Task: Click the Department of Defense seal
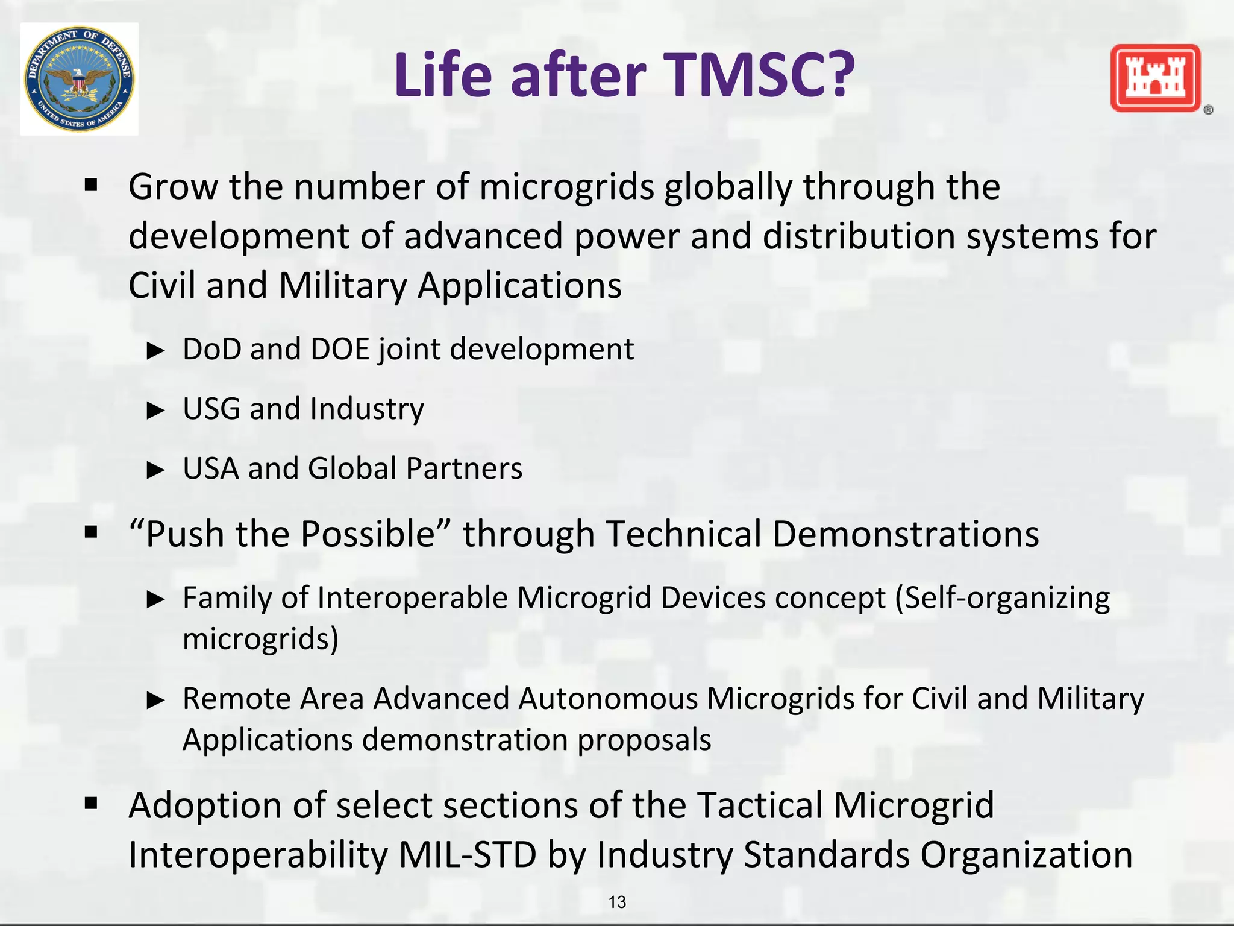tap(79, 79)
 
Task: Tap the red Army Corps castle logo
tap(1155, 78)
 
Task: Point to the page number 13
tap(617, 902)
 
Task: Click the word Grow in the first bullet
tap(173, 187)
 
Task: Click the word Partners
tap(464, 468)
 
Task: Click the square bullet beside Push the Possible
tap(91, 532)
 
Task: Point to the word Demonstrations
tap(906, 534)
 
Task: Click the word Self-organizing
tap(1007, 598)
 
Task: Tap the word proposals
tap(644, 740)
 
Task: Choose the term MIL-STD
tap(468, 855)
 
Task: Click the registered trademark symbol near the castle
tap(1207, 110)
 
